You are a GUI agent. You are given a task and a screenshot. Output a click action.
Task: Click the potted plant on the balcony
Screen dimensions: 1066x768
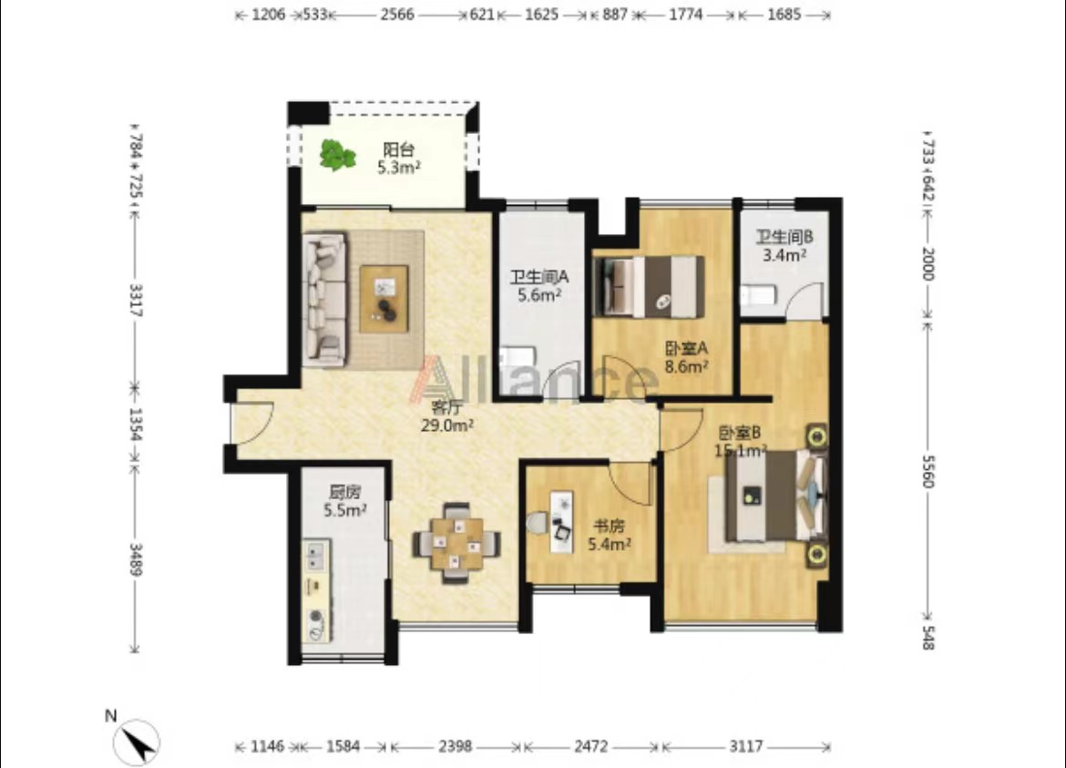337,156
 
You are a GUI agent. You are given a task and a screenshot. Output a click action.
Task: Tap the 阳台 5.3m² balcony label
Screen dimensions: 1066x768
398,159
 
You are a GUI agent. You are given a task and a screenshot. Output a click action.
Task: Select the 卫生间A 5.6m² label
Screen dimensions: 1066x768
539,286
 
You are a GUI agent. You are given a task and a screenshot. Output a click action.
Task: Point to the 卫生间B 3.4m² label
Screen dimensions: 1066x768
784,246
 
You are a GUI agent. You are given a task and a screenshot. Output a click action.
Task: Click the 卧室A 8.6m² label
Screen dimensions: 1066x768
687,357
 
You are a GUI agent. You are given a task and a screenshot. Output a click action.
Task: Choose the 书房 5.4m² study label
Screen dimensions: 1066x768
610,535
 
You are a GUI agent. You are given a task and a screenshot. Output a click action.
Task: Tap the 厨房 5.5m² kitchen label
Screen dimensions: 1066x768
345,501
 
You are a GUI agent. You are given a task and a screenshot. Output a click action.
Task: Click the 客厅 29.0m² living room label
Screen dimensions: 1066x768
447,416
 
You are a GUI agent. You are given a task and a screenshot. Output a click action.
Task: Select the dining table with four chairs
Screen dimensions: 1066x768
456,543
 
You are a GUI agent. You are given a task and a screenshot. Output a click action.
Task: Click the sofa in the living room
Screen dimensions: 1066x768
325,300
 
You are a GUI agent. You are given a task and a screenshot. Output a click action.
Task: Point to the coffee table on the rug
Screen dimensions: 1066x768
384,299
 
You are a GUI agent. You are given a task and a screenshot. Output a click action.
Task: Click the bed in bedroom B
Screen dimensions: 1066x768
776,497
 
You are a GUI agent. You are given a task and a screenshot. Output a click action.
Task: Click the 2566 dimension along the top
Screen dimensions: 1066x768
397,15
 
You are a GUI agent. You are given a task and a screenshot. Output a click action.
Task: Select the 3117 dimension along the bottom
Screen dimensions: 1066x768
746,746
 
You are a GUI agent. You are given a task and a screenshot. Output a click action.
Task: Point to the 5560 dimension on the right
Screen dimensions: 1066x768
928,470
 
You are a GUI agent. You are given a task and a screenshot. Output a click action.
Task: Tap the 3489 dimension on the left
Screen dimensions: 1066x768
135,559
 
